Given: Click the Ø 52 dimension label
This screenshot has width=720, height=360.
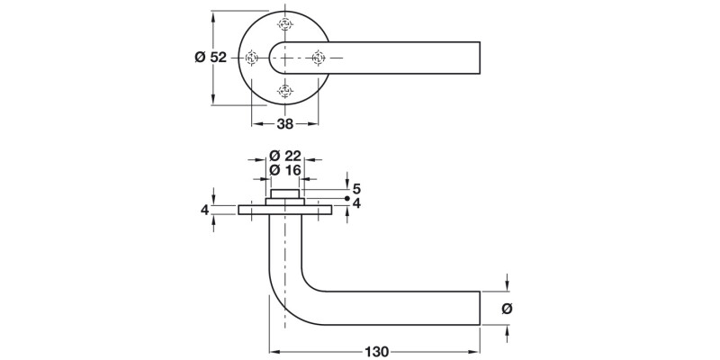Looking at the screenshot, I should (211, 58).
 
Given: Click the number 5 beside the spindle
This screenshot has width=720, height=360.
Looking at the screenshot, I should (356, 189).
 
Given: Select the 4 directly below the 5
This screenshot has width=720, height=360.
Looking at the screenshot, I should (356, 203).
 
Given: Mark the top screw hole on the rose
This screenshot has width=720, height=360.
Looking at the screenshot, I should (285, 25).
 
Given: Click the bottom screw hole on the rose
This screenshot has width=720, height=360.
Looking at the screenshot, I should (285, 90).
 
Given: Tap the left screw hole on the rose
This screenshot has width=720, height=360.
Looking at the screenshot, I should (253, 58).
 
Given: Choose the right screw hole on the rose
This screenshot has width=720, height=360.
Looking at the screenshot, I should (318, 58).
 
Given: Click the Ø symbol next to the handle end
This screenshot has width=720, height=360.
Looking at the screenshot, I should (506, 308).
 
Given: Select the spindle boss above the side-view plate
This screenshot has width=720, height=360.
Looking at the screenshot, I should (285, 194).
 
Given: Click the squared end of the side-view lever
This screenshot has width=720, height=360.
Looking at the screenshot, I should (477, 308).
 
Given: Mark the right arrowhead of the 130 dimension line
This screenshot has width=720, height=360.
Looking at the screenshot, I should (476, 351).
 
